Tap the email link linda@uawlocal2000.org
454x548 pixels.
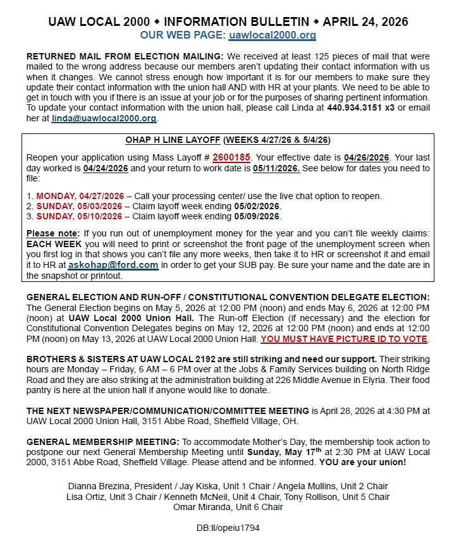pos(104,118)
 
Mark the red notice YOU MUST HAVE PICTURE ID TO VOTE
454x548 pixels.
pos(344,339)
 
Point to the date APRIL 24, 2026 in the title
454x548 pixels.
pos(365,21)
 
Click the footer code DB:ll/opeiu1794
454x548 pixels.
pos(228,527)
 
